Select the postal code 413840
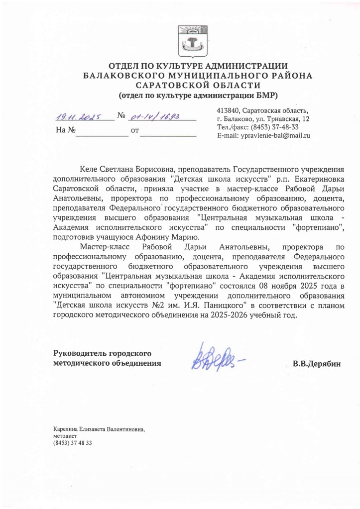[x=228, y=110]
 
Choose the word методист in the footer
[x=64, y=435]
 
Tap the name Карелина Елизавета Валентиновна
[x=102, y=429]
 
